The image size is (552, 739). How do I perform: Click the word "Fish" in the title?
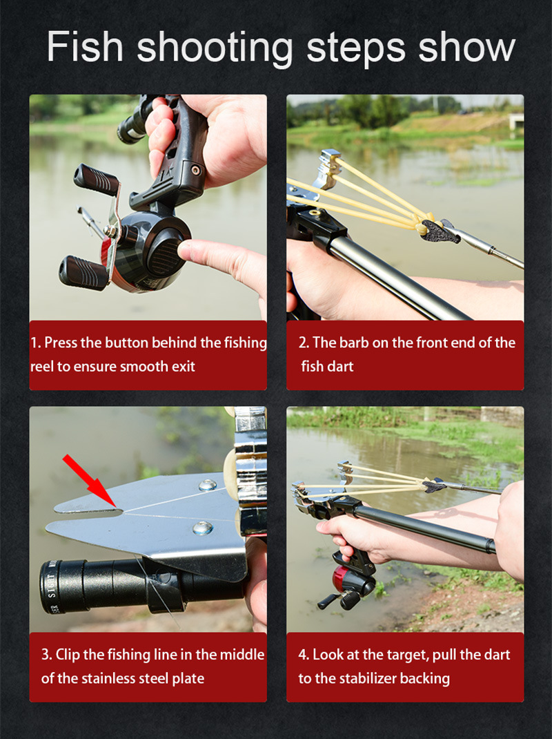85,47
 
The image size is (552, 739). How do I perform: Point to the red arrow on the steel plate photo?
90,481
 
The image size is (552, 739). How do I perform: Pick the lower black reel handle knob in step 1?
83,272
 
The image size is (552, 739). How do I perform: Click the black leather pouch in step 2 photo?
440,231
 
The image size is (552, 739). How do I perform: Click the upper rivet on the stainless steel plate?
207,485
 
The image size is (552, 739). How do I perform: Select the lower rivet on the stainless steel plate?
203,528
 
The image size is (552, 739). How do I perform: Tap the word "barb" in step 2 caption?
354,343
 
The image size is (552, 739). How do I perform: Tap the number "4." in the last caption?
304,655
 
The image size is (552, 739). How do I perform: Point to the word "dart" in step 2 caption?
340,366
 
